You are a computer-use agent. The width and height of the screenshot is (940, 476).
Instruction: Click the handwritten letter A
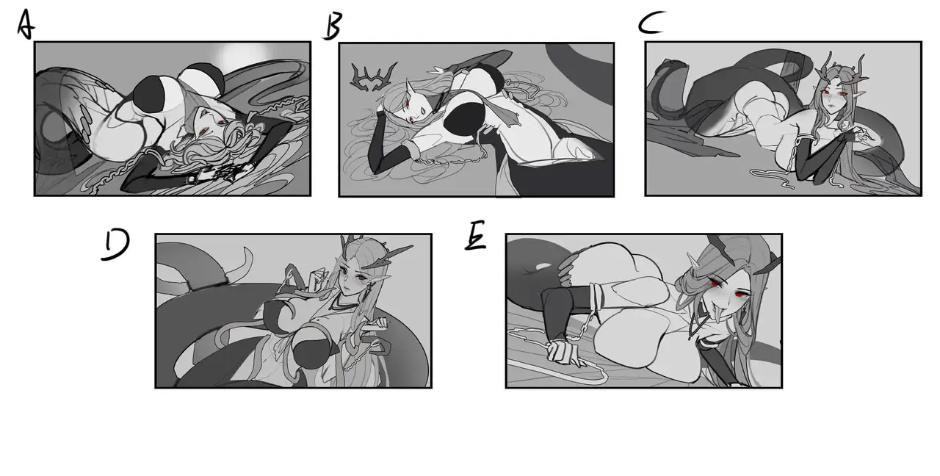[26, 24]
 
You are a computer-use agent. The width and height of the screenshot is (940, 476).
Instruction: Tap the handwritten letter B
[333, 26]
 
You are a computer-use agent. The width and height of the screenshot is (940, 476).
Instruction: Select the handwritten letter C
[651, 22]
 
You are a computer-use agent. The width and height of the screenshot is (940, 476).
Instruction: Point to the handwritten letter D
[115, 245]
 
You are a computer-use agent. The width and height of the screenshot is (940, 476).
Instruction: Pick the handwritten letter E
[475, 236]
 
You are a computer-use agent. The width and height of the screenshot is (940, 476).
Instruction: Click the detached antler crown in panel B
[373, 77]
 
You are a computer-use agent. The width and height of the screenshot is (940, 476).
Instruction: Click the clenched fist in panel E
[562, 352]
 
